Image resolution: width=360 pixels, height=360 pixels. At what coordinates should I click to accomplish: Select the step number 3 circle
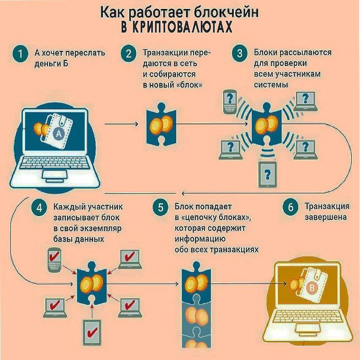pos(240,54)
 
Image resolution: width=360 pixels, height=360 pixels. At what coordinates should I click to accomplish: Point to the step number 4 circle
pos(39,208)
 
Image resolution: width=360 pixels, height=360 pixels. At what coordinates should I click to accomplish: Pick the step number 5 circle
pos(160,208)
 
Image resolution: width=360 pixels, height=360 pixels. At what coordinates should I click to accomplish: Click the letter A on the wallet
pos(58,134)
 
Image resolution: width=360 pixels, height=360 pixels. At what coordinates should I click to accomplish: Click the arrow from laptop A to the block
pos(121,124)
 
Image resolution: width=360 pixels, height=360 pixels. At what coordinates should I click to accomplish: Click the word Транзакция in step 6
pos(327,207)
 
